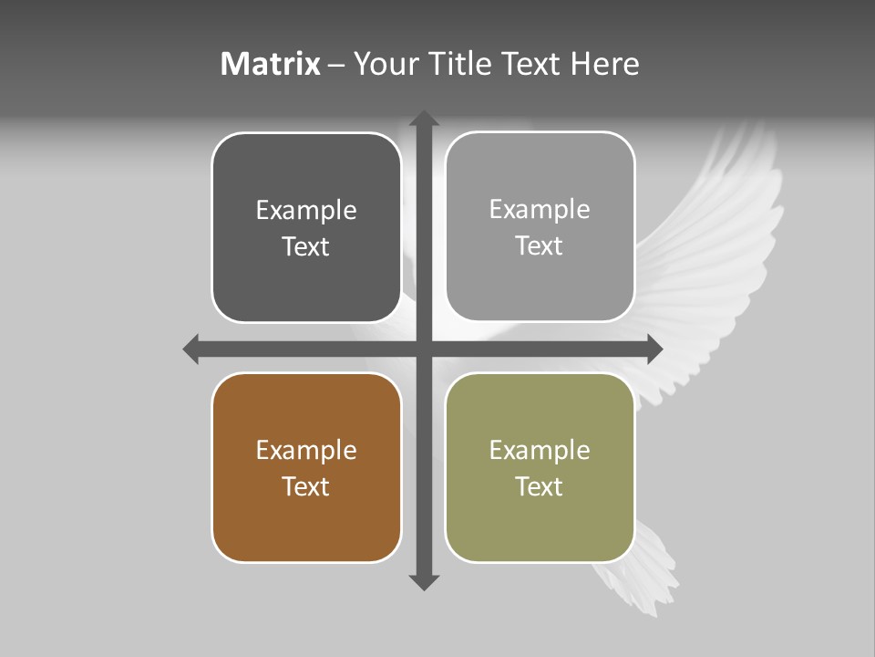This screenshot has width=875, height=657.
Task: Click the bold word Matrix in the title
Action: coord(271,64)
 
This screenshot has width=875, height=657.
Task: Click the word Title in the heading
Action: coord(460,64)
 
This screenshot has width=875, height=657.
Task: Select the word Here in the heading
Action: coord(605,64)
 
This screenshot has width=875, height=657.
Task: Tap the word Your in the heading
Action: coord(386,64)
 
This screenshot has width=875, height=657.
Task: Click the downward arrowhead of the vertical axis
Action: coord(424,581)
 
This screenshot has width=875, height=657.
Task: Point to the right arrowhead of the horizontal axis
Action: coord(654,349)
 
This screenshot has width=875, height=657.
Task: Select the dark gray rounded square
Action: coord(306,227)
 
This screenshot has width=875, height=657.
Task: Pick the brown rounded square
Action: coord(306,467)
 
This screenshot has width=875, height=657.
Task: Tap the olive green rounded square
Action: coord(540,467)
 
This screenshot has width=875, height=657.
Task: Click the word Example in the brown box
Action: coord(306,450)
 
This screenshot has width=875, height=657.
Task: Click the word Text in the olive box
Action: coord(540,486)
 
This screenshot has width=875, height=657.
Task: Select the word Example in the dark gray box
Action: coord(306,210)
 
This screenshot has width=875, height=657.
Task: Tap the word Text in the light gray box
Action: coord(540,245)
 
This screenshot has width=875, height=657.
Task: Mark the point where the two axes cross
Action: coord(424,349)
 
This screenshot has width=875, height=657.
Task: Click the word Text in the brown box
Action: coord(306,486)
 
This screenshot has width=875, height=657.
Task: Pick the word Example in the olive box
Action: coord(540,450)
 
